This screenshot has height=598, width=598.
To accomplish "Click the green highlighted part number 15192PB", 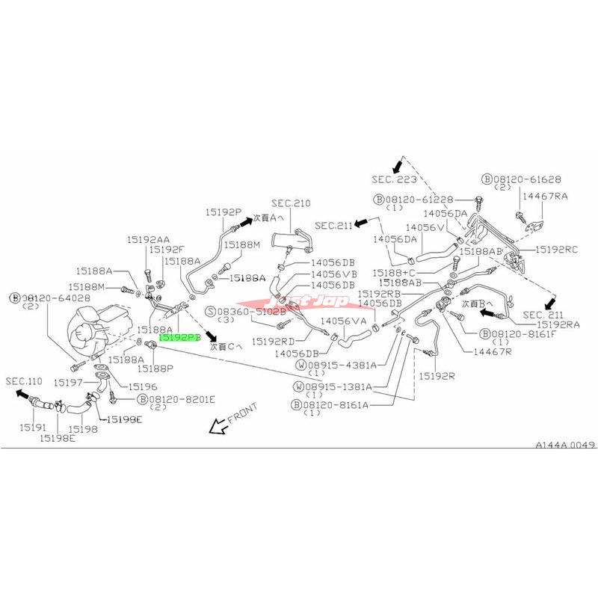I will pos(180,338).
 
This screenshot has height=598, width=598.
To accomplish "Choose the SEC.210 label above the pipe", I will pos(291,203).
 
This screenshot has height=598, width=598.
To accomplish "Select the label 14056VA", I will pos(349,321).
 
